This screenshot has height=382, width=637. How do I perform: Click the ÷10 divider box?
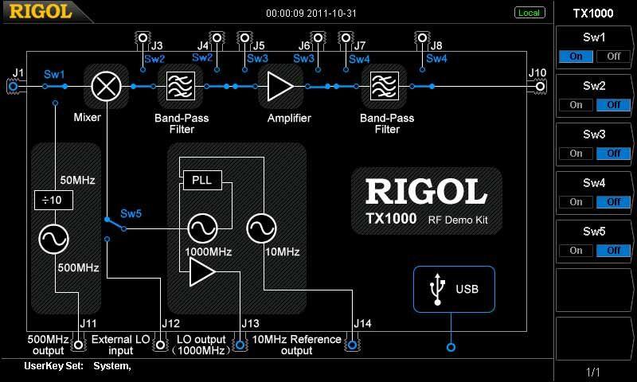53,200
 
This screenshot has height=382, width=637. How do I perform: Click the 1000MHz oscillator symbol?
202,229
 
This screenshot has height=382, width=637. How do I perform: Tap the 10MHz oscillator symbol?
260,229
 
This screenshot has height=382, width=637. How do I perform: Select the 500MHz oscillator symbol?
54,238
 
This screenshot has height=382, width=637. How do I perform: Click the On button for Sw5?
576,251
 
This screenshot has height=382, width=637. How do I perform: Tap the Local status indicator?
529,13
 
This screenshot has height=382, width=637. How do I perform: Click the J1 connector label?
18,73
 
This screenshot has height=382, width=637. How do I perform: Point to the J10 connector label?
537,73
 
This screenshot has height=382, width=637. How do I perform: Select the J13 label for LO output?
249,324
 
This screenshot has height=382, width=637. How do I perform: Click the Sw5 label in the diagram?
131,214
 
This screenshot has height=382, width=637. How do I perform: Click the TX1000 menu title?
594,13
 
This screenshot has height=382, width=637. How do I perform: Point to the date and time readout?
311,13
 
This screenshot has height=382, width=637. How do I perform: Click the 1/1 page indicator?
594,372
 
